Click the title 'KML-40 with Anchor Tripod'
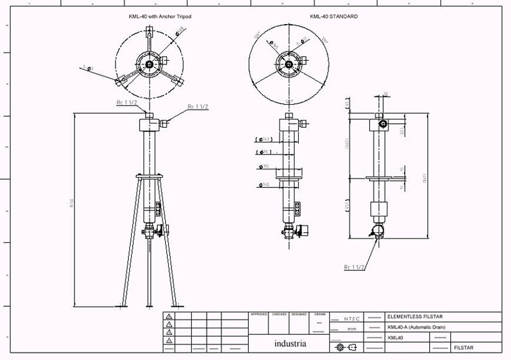(x=160, y=16)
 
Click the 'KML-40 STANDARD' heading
(x=334, y=16)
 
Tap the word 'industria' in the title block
(x=290, y=344)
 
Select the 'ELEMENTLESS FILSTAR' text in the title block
(x=415, y=317)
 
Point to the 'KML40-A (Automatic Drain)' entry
(x=416, y=327)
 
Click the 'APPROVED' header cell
(x=259, y=314)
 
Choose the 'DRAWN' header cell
(x=319, y=314)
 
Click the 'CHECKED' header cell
(x=279, y=314)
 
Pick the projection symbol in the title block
(x=346, y=347)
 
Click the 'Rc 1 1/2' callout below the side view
(x=354, y=267)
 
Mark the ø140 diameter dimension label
(x=264, y=185)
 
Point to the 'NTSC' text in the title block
(x=351, y=319)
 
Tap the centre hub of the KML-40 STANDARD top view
(x=288, y=64)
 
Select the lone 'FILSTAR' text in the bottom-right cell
(x=463, y=347)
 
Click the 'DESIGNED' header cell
(x=299, y=314)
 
